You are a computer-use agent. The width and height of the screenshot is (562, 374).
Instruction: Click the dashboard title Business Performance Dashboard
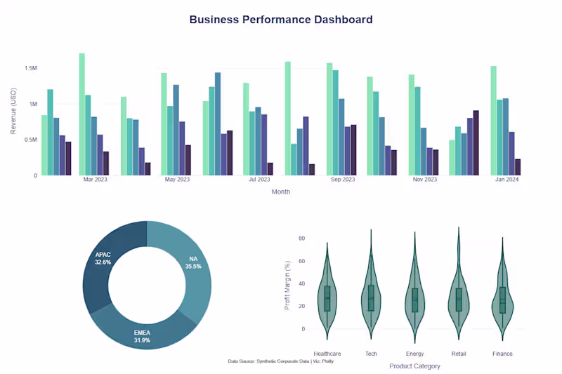281,20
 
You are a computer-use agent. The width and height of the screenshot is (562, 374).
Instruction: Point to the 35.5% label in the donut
193,267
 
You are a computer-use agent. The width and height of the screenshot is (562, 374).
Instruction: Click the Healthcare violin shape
327,295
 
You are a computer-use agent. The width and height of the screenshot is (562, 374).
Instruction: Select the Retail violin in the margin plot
459,295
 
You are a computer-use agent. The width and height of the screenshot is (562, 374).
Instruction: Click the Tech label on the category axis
371,354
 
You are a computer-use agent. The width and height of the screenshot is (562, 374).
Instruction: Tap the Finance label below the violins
502,354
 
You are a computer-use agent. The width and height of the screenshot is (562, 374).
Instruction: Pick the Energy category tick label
414,354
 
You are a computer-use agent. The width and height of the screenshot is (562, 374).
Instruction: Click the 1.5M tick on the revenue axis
31,69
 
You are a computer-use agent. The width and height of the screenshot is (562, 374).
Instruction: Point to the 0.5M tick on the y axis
31,140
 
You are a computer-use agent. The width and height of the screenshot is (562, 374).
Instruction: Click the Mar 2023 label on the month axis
95,180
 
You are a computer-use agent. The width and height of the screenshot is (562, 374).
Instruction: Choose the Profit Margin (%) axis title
287,285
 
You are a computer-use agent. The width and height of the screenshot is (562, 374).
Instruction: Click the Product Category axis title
414,366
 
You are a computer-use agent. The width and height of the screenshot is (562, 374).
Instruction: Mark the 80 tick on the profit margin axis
301,239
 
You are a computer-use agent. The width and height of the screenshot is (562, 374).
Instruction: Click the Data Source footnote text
280,361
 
